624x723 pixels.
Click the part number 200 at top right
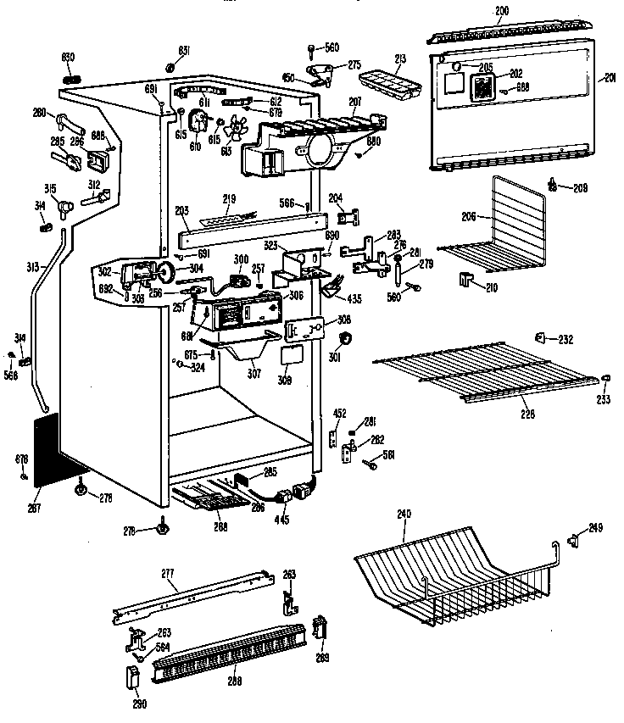[501, 9]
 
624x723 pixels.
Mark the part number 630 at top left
[68, 56]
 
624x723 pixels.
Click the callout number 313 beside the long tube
[31, 267]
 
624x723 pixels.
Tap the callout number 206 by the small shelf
[470, 216]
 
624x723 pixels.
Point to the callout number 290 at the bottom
[137, 703]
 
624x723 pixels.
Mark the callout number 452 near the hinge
[338, 414]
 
